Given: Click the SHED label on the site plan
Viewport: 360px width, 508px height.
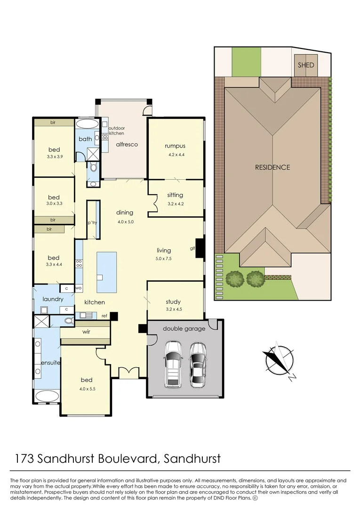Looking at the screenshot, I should pos(305,65).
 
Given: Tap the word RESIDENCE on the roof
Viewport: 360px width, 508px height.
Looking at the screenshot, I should pos(272,167).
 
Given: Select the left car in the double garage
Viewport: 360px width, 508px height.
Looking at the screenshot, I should pos(173,365).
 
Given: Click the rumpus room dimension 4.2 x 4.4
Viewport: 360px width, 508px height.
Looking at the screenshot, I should pos(175,154).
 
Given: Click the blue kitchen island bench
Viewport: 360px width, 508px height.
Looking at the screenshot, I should pos(106,272).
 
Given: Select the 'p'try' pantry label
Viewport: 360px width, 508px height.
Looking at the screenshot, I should pos(92,222).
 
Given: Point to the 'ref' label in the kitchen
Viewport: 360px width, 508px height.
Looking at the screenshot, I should pos(104,316).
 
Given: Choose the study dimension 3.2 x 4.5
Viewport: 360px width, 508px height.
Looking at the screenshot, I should pos(173,310).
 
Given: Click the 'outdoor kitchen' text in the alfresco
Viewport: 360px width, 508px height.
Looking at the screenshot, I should pos(116,131).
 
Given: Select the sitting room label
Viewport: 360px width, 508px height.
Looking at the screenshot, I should pos(175,195).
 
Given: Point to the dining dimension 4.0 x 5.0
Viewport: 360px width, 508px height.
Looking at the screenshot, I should pos(125,221).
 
